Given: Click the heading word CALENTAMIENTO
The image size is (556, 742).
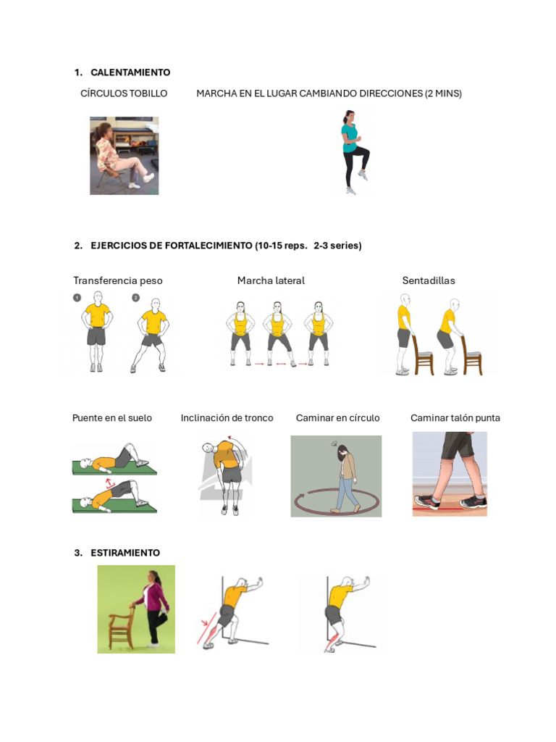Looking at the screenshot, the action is click(130, 72).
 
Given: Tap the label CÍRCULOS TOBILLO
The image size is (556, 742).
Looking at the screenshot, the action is click(124, 93).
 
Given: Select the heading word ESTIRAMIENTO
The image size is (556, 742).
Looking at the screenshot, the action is click(125, 553).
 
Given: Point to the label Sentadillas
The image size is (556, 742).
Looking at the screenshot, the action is click(429, 280).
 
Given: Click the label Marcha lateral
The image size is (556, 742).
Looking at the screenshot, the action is click(271, 280).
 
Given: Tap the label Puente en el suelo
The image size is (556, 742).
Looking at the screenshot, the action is click(112, 418).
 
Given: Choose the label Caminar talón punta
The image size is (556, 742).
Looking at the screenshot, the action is click(455, 418).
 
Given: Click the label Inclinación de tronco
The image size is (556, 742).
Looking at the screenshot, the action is click(227, 418).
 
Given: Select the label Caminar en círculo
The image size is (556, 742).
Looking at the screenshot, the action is click(337, 418).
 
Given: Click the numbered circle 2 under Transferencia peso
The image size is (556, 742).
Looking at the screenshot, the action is click(135, 298).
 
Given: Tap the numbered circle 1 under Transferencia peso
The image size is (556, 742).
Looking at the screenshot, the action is click(77, 298).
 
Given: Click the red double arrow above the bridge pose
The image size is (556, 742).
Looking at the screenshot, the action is click(110, 483).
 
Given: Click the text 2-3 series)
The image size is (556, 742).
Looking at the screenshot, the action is click(337, 246).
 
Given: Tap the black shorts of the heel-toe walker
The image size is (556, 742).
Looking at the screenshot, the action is click(458, 445).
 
